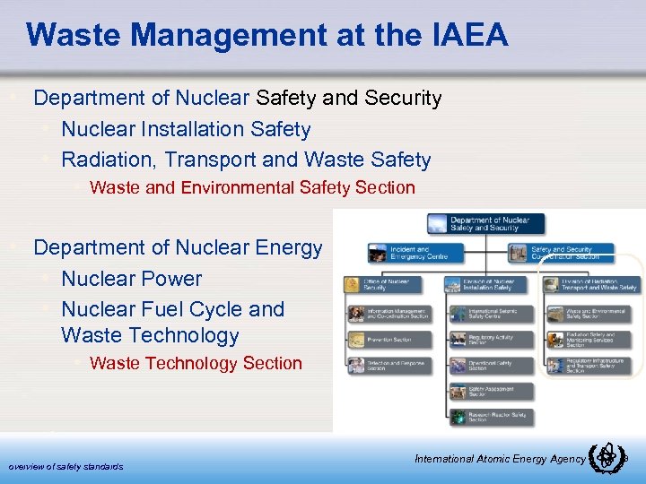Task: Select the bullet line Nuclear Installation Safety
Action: [x=186, y=129]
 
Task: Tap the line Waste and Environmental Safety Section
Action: [x=252, y=187]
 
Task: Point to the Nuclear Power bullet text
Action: [x=131, y=279]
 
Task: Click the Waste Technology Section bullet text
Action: [x=196, y=363]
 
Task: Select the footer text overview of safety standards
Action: [x=65, y=466]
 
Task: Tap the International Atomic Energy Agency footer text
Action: [x=500, y=459]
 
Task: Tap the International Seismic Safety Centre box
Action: [x=488, y=315]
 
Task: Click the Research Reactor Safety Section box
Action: [x=488, y=417]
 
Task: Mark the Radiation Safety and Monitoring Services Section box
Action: [x=589, y=341]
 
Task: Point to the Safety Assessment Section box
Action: [x=488, y=392]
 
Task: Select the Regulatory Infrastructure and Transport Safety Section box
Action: [x=589, y=367]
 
